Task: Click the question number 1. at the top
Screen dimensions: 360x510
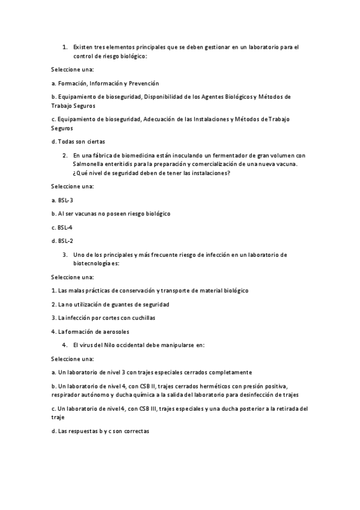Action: pos(64,46)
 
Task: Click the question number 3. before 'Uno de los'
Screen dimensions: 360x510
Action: pos(64,254)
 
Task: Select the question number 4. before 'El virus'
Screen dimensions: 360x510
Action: pos(64,345)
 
